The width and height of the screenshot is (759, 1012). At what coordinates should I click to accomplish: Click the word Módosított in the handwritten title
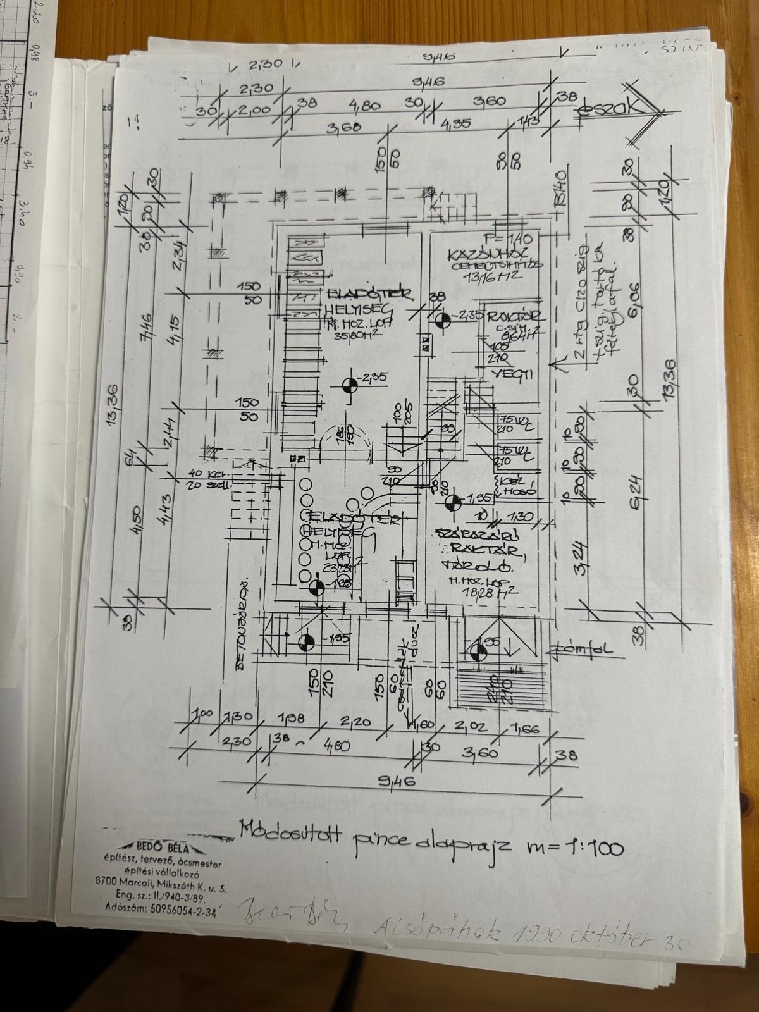[x=283, y=830]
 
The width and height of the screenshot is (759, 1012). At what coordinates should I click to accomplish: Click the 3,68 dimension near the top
[x=343, y=127]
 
